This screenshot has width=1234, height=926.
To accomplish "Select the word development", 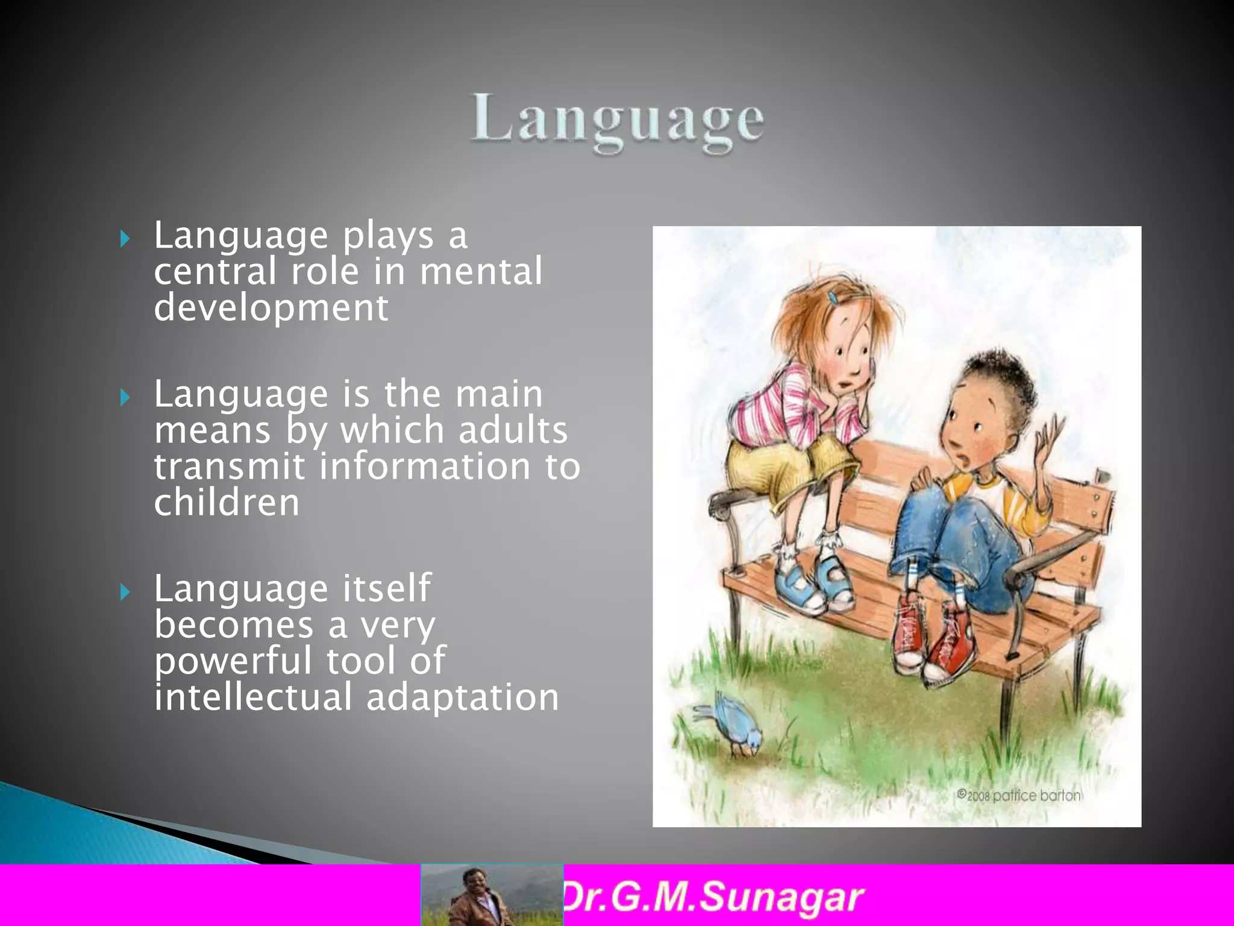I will tap(271, 309).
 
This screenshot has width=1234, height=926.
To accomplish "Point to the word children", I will tap(227, 503).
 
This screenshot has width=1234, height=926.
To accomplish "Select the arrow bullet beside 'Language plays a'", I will tap(125, 239).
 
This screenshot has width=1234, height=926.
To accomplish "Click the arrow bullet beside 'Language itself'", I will tap(125, 592).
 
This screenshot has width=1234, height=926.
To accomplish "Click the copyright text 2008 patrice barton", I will tap(1019, 795).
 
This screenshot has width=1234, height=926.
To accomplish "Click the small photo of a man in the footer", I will tap(492, 895).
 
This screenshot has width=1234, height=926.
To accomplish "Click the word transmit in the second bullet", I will tap(229, 467).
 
